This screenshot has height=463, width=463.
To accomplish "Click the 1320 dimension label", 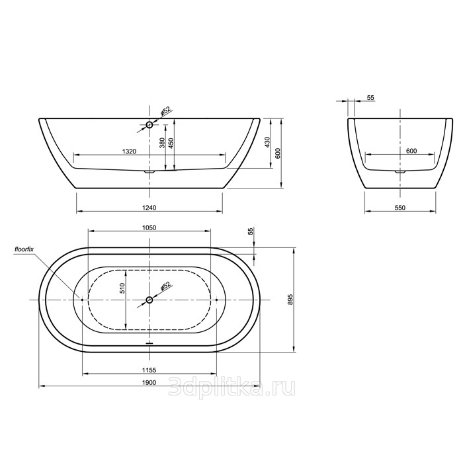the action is [129, 151].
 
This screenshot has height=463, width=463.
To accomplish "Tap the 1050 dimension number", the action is [149, 228].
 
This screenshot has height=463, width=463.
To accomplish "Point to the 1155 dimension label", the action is [149, 369].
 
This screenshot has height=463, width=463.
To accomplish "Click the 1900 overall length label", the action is [149, 382].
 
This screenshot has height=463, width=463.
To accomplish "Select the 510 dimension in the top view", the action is [122, 288].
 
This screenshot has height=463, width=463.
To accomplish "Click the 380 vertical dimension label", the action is [161, 143].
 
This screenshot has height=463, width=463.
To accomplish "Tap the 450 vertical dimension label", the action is [171, 143].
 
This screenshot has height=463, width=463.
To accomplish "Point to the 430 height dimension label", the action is [268, 142].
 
